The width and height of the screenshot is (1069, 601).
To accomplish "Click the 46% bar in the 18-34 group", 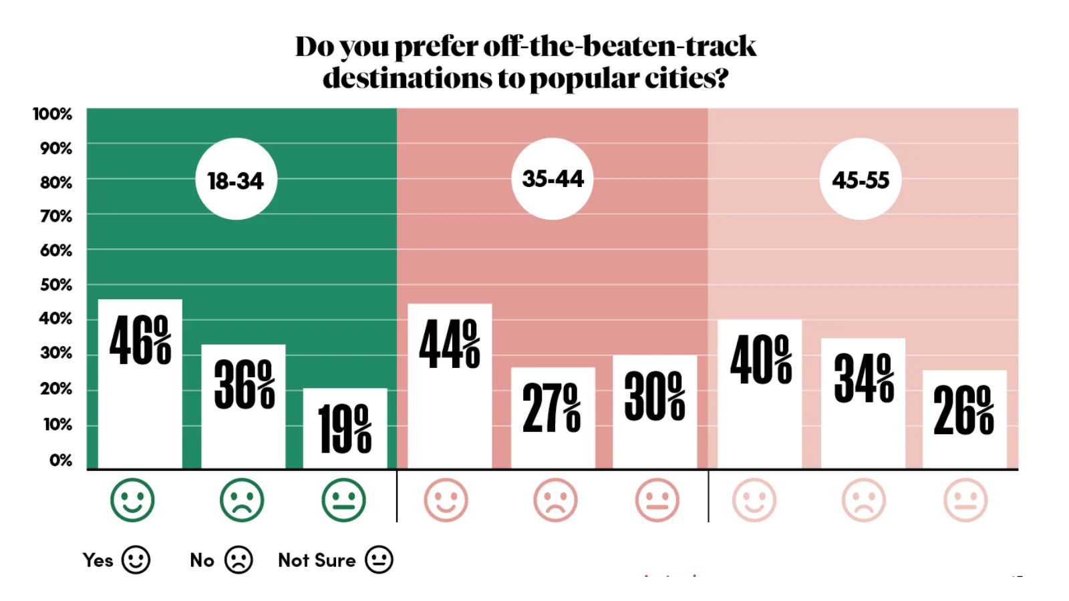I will coord(140,384).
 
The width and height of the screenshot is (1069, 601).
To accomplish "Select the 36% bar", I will coord(243,407).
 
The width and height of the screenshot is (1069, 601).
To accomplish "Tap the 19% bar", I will coord(345,428).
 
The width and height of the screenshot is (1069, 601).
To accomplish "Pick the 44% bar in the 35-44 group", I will coord(450,386).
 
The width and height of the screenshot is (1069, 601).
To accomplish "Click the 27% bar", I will coord(553,417).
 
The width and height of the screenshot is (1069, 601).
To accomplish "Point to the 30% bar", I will coord(655,411).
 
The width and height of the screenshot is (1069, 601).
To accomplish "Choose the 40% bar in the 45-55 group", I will coord(760,394).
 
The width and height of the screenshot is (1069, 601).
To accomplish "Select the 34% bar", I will coord(863,403).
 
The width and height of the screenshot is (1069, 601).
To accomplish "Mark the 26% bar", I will coord(964,419).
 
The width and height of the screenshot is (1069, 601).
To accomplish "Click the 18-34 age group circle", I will coord(236,179).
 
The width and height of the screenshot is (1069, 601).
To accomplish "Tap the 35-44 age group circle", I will coord(553,178).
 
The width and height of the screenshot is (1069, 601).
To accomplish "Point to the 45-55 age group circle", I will coord(861,179).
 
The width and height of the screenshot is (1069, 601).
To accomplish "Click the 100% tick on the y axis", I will coord(53,114).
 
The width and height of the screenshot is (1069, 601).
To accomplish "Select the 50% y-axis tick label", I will coord(56,285).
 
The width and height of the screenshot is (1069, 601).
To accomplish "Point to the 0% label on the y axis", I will coord(60,460).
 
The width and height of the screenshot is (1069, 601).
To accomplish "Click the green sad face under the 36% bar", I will coord(242,500).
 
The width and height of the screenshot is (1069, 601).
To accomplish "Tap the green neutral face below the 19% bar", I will coord(343,500).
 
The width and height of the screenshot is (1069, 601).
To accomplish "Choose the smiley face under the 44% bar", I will coord(446,500).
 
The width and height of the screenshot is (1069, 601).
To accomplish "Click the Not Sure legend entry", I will coord(335,560).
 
